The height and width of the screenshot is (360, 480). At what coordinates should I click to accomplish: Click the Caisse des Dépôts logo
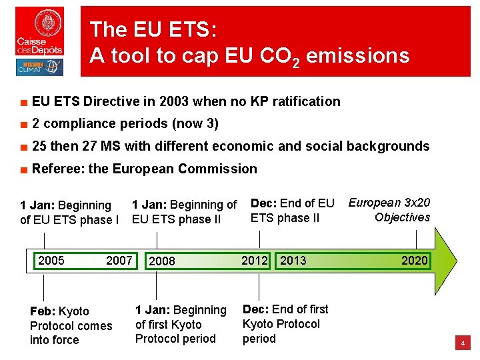(x=40, y=31)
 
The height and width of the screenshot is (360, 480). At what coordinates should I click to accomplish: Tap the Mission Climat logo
(x=39, y=67)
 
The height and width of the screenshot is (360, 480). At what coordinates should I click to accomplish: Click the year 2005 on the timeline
(x=51, y=260)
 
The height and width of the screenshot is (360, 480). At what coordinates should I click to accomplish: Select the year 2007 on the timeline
(x=119, y=260)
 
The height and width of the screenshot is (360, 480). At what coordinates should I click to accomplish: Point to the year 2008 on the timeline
(x=162, y=261)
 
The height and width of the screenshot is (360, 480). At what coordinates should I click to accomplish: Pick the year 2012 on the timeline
(x=254, y=260)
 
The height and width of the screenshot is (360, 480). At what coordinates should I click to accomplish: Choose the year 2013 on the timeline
(x=293, y=260)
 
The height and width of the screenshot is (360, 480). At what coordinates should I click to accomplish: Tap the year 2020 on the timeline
(x=414, y=261)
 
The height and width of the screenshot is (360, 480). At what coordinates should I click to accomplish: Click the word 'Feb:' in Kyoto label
(x=43, y=311)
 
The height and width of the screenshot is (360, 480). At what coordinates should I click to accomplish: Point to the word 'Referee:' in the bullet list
(x=59, y=169)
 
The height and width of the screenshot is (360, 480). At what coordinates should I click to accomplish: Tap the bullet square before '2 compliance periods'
(x=23, y=125)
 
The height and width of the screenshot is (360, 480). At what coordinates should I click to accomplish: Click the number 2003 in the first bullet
(x=173, y=101)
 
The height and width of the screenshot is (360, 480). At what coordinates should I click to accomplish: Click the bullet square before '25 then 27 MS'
(x=23, y=147)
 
